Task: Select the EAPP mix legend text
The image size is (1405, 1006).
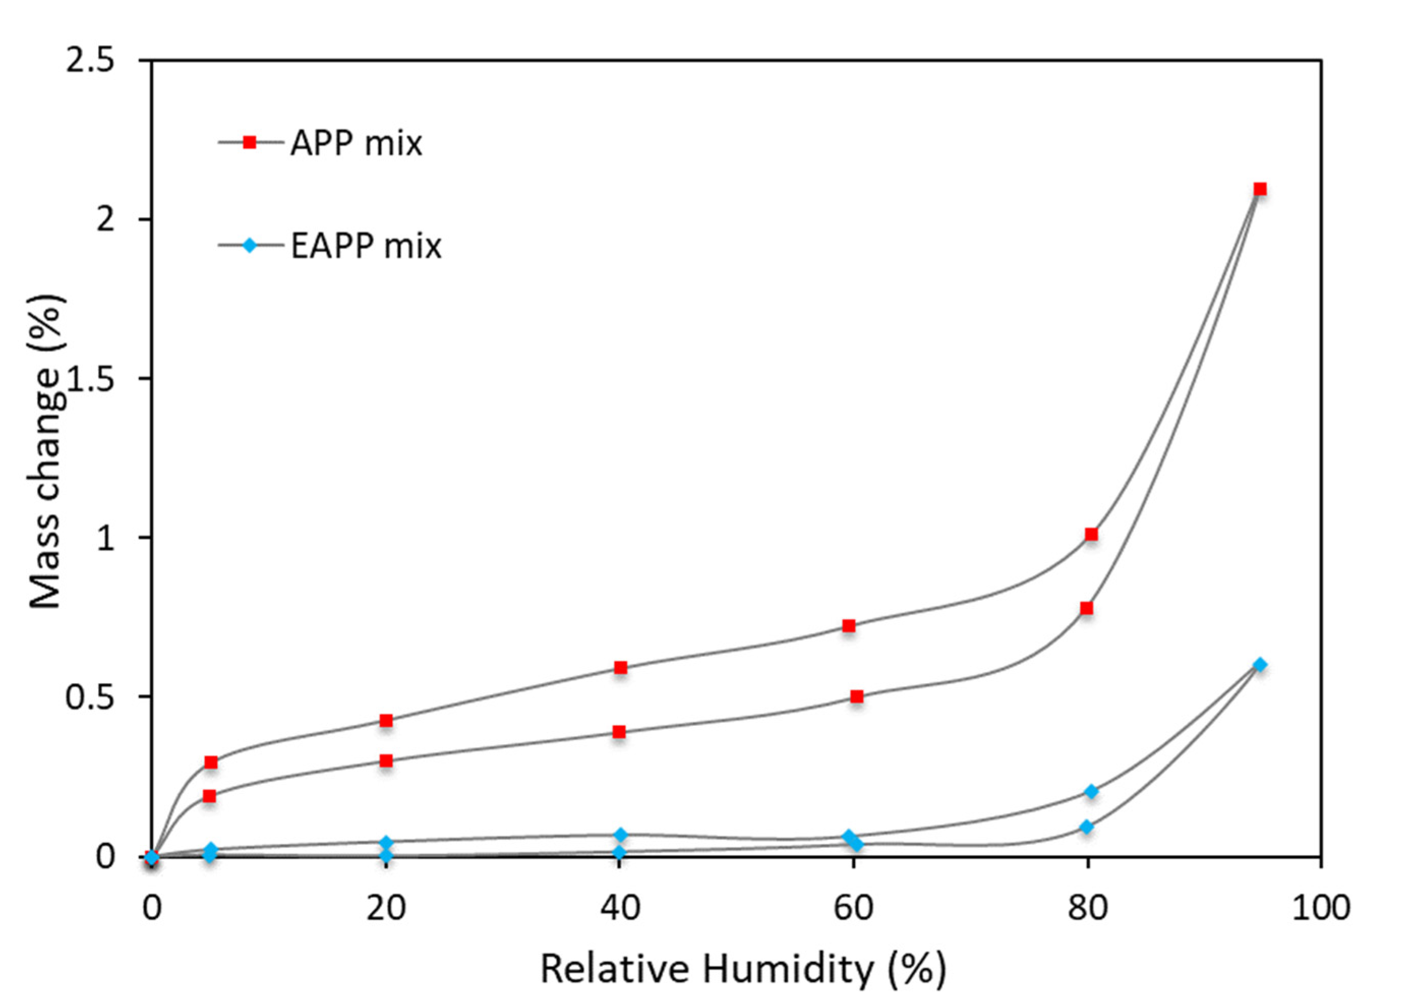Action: (366, 246)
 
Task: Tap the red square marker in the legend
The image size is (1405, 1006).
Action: (249, 142)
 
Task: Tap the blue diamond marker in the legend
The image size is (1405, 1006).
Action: (249, 246)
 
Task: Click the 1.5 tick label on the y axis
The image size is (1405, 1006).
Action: (91, 379)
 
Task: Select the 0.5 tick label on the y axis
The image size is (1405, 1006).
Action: (91, 697)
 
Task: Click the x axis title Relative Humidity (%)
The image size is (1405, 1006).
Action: (743, 969)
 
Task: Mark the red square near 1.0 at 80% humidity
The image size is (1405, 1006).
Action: (1091, 534)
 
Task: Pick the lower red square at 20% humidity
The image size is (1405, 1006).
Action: (386, 760)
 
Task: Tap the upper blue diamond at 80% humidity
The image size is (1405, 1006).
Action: (1091, 791)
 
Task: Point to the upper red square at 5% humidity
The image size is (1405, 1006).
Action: (211, 762)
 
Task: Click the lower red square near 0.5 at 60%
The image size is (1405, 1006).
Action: (856, 696)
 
